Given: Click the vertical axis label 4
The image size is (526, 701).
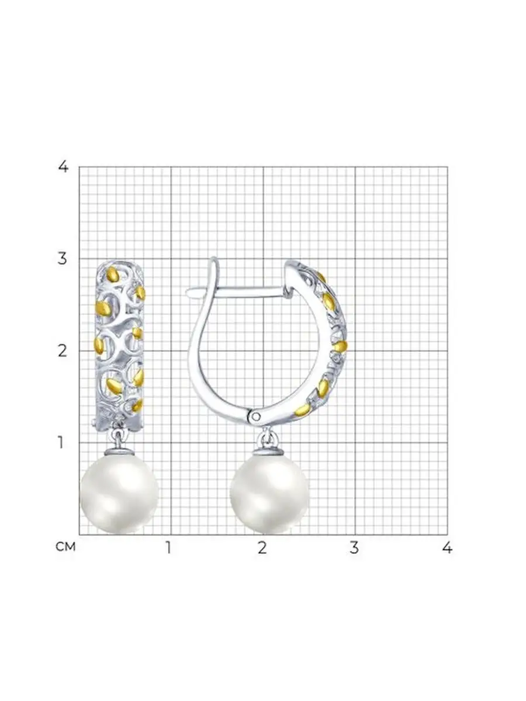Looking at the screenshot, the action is (x=63, y=166).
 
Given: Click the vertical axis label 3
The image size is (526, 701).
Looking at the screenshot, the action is (x=63, y=258).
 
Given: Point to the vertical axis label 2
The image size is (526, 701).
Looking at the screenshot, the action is (x=63, y=351).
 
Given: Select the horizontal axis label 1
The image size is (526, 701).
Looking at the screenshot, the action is (x=168, y=547).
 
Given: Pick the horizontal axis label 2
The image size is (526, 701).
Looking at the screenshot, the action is (x=262, y=547).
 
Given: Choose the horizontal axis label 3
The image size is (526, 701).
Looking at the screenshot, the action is (x=354, y=547).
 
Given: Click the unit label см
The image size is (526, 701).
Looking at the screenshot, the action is (x=65, y=547).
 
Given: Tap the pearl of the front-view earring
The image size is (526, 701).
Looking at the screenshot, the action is (x=119, y=493).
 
